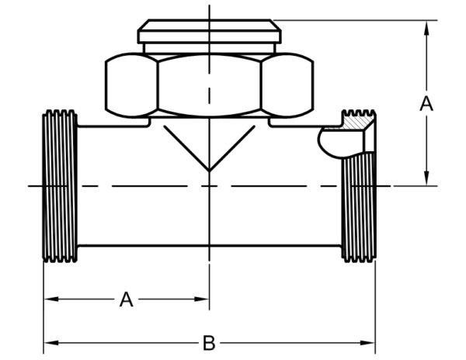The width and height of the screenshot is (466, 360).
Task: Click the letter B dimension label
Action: click(209, 343)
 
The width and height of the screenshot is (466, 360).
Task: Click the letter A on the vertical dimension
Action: click(426, 104)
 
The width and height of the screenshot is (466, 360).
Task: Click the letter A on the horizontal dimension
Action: click(127, 299)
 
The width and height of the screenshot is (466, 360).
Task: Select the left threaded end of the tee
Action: click(60, 186)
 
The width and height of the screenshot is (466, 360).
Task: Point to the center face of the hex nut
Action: click(209, 85)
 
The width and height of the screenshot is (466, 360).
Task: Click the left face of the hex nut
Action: click(131, 85)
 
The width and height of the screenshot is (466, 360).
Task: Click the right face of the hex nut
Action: click(287, 85)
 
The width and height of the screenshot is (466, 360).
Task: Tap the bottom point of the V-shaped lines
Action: click(209, 171)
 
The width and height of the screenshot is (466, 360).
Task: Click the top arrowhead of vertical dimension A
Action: click(426, 27)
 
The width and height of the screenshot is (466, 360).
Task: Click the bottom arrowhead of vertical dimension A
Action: click(426, 178)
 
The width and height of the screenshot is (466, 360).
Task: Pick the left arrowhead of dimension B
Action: click(51, 343)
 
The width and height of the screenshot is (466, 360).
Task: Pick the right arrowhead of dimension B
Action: click(367, 343)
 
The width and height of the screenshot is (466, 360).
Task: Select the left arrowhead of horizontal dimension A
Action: click(51, 299)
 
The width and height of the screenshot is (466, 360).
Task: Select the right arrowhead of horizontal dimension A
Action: click(202, 299)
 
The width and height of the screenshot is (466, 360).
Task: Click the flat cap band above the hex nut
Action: click(209, 36)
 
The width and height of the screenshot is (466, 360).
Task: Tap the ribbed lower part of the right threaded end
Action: click(359, 207)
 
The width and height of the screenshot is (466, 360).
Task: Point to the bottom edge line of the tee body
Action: click(209, 246)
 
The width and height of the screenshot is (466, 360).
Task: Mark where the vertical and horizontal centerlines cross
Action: click(209, 186)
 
